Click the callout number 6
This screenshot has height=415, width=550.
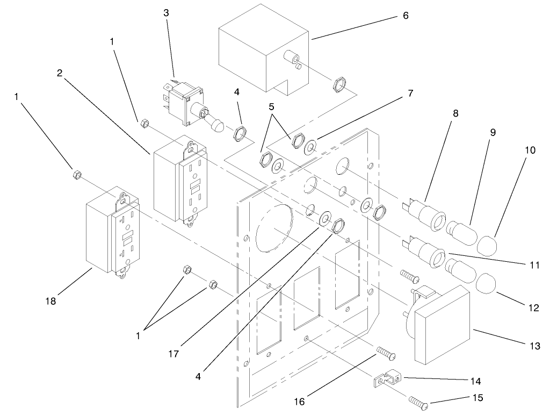406,16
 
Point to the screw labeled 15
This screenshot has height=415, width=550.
420,402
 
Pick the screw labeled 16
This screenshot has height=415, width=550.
386,353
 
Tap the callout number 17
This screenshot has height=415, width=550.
173,354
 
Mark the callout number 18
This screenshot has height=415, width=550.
50,301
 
